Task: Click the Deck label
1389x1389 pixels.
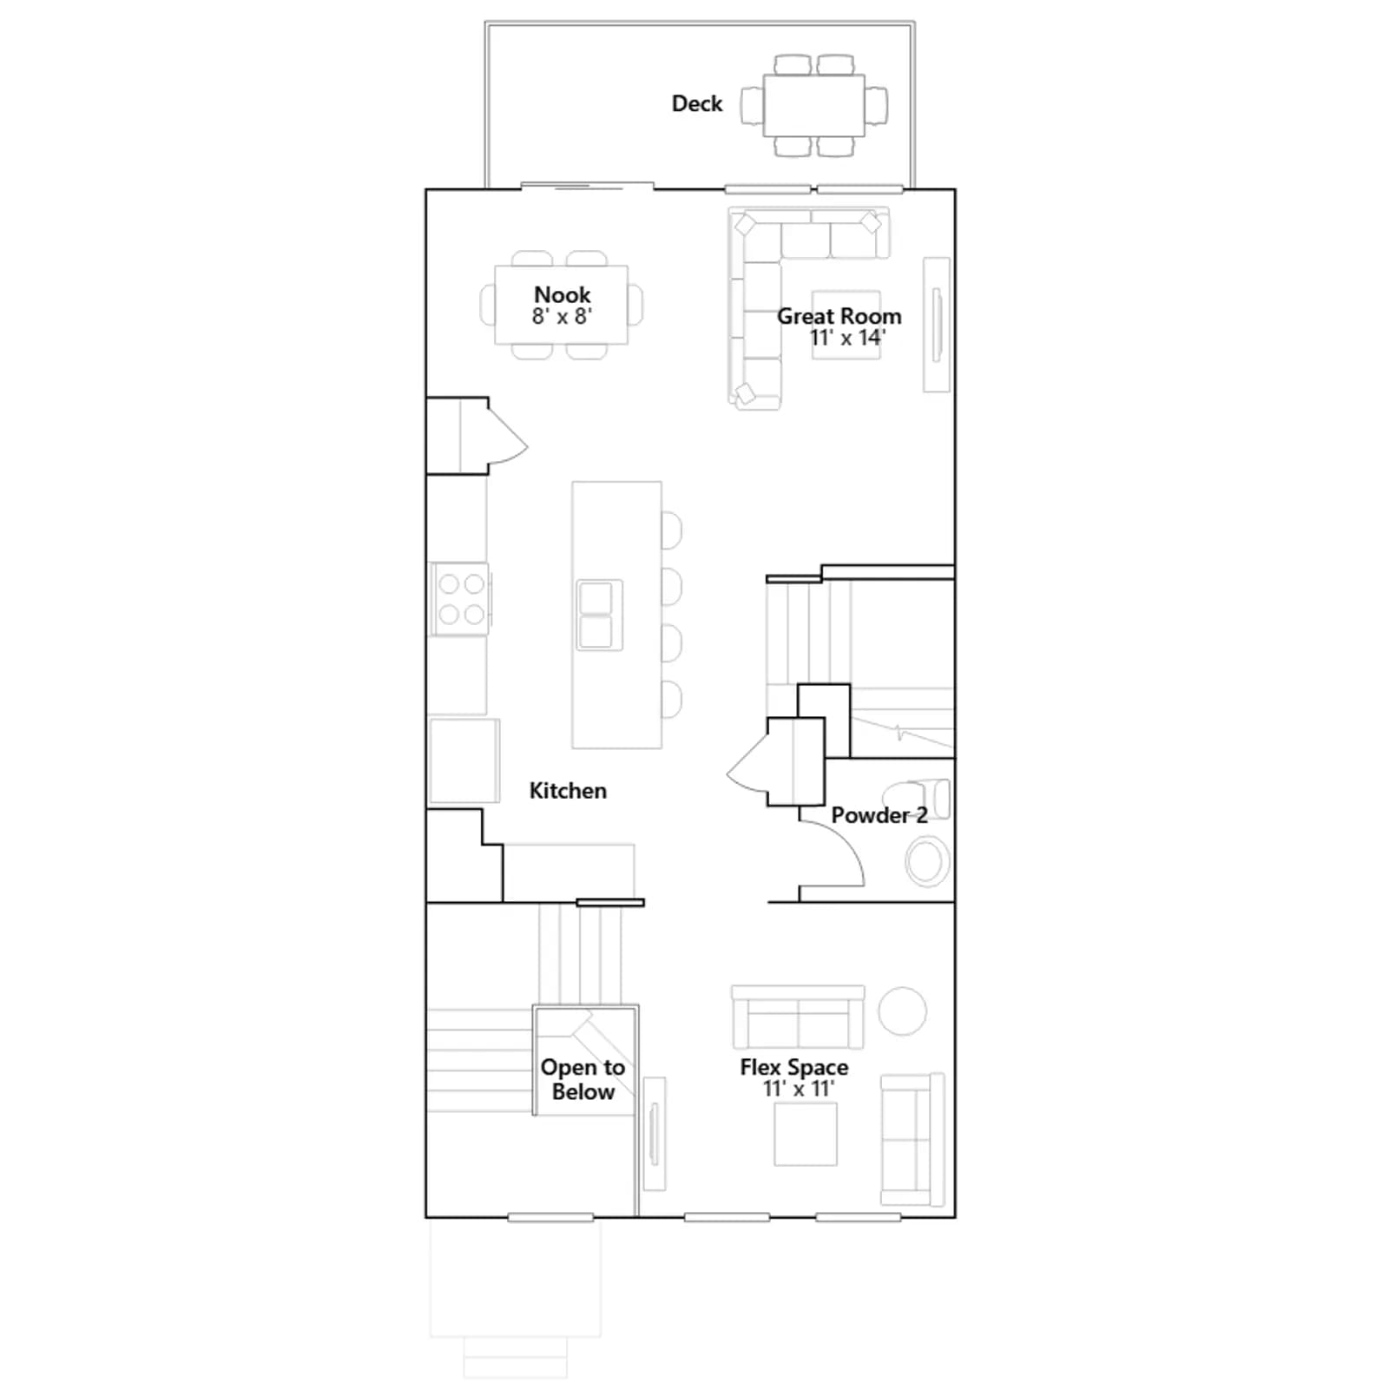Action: pos(696,104)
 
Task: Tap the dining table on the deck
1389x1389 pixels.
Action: pos(813,105)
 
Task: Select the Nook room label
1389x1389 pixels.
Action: pos(562,294)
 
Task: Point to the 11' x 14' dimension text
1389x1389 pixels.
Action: pos(847,338)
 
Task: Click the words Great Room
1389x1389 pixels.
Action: pos(839,316)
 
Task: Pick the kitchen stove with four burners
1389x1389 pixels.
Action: pos(461,599)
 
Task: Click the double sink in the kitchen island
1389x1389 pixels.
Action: pos(599,615)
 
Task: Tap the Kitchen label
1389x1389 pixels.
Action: pos(568,791)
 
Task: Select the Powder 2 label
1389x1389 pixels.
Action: pos(879,815)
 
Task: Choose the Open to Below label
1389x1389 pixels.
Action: pos(583,1079)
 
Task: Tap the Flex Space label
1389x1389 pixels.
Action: pos(794,1067)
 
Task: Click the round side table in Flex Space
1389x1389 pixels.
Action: pos(902,1011)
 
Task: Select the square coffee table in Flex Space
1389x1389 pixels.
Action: pos(806,1134)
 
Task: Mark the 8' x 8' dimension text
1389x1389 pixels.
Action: pos(562,316)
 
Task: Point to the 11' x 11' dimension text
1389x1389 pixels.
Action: pos(799,1089)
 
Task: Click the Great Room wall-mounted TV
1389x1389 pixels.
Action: pos(937,325)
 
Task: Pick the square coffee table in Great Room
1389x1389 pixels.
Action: pos(846,325)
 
